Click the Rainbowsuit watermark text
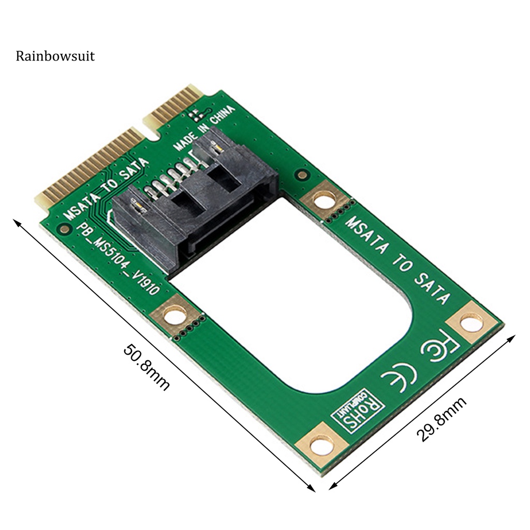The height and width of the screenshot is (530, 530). [55, 56]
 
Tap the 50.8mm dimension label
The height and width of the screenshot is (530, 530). [146, 367]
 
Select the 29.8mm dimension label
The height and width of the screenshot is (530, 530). [442, 419]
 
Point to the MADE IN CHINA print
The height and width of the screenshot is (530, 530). [204, 128]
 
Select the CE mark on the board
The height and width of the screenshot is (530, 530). [399, 374]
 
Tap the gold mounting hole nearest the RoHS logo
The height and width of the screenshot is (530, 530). [321, 444]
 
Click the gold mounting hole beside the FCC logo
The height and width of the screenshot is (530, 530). [472, 323]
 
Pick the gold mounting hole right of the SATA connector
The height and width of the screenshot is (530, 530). [325, 200]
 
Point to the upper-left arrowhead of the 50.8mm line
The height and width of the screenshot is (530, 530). [17, 222]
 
